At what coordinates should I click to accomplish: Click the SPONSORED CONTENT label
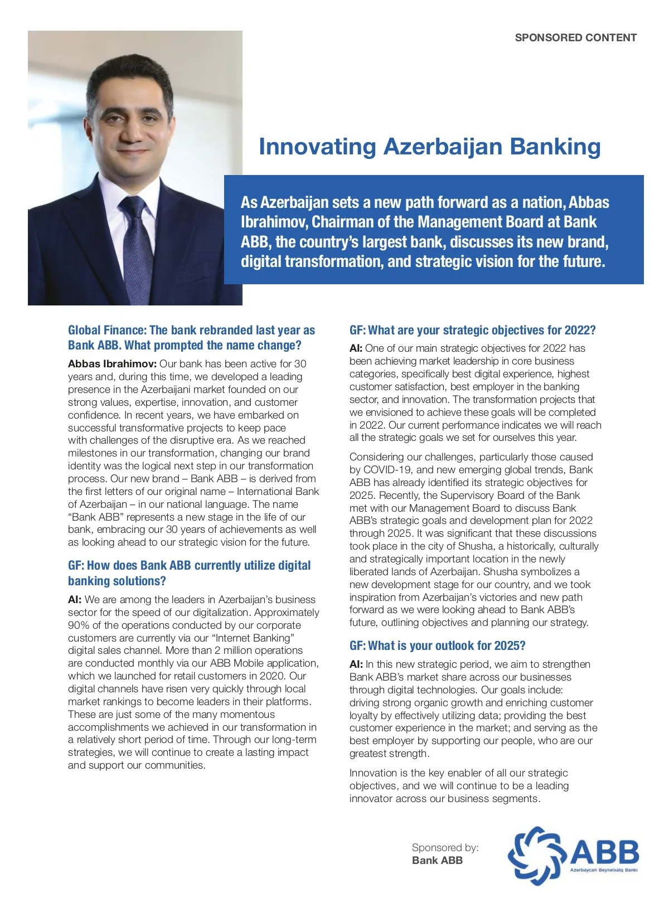pyautogui.click(x=575, y=37)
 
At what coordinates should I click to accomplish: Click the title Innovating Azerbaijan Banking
pyautogui.click(x=429, y=147)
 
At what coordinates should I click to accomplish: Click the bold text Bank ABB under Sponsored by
pyautogui.click(x=437, y=860)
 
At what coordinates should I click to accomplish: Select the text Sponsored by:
pyautogui.click(x=445, y=847)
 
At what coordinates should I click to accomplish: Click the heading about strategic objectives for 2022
pyautogui.click(x=472, y=330)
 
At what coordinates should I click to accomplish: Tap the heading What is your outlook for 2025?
pyautogui.click(x=437, y=645)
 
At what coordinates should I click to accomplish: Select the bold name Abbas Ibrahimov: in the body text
pyautogui.click(x=112, y=364)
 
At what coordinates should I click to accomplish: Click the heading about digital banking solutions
pyautogui.click(x=189, y=573)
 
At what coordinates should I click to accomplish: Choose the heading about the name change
pyautogui.click(x=191, y=338)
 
